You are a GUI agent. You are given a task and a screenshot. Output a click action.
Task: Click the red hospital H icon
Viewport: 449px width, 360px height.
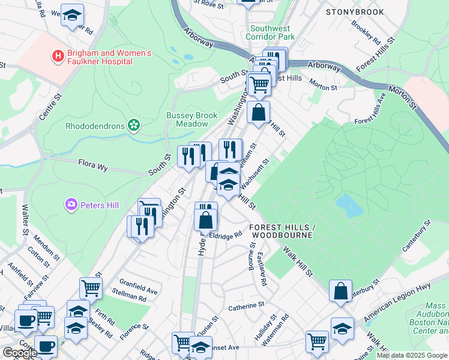click(58, 57)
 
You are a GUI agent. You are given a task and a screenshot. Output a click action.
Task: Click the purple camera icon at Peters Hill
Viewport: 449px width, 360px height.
click(71, 205)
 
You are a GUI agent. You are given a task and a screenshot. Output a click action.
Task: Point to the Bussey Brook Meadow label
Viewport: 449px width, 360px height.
click(191, 119)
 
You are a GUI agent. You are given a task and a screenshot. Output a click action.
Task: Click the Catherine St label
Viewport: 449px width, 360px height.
click(246, 306)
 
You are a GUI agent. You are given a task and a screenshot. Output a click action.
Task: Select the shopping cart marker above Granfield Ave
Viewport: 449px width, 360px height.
click(91, 287)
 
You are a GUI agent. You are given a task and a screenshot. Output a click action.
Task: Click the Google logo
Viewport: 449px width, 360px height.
click(20, 353)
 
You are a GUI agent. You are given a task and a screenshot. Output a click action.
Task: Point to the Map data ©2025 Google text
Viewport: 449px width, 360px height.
click(412, 355)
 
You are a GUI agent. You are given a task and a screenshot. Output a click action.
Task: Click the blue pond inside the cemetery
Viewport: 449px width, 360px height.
click(349, 205)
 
